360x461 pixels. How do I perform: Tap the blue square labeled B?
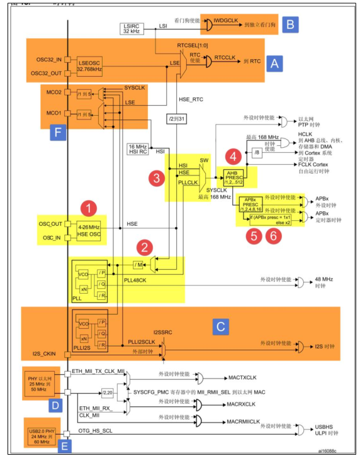(x=290, y=25)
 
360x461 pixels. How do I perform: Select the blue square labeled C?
(x=220, y=326)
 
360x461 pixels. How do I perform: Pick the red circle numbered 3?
(x=157, y=179)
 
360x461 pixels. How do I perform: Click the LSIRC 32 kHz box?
(x=132, y=28)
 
